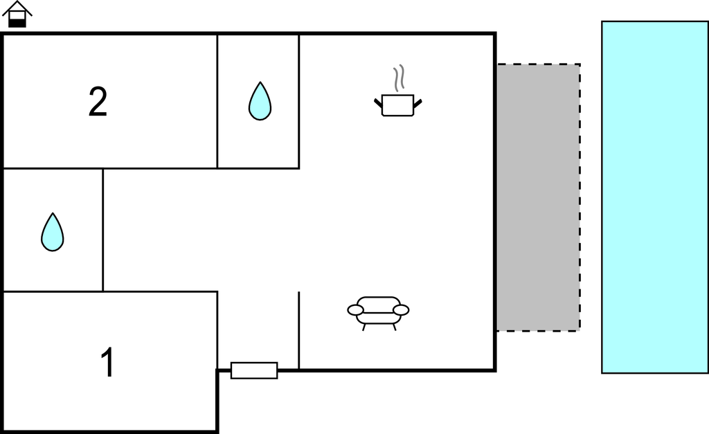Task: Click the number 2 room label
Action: [98, 102]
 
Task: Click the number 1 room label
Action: [107, 361]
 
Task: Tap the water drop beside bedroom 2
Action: [260, 101]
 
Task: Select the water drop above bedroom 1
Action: [53, 233]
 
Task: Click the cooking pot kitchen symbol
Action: [398, 92]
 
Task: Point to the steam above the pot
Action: [398, 78]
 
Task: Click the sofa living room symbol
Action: [379, 313]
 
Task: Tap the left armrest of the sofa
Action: [355, 309]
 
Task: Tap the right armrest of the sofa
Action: [401, 309]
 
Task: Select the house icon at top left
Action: [17, 14]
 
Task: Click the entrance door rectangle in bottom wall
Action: [254, 370]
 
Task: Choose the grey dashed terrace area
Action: [539, 197]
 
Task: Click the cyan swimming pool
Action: [655, 197]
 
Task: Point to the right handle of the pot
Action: [418, 104]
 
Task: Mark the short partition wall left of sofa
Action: [299, 330]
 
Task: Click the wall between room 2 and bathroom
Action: [217, 101]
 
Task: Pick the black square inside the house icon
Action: [17, 23]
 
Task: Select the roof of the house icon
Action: [17, 8]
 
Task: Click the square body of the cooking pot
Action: [398, 105]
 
